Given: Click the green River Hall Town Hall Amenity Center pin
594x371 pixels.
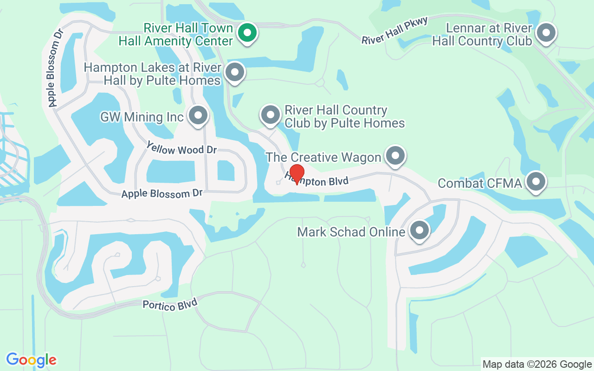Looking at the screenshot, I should pos(247,33).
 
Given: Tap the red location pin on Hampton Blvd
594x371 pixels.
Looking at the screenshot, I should pos(297,174).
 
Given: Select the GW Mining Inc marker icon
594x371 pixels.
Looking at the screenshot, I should pos(199,115).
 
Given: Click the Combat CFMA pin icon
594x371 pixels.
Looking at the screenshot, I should pos(536,181).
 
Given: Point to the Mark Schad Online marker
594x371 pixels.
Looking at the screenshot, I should pos(420,230).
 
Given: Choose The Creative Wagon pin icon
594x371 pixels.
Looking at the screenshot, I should pos(395,155).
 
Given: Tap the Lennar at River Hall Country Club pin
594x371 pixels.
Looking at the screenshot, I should pos(546,33).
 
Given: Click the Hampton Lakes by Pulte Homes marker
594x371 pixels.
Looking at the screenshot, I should pos(234,72).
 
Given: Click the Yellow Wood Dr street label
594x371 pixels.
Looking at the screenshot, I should pos(181,148).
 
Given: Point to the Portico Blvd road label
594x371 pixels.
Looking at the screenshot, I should pos(170,304).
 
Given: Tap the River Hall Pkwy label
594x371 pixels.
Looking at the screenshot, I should pos(394,31).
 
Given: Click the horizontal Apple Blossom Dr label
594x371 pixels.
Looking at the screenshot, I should pos(162,194).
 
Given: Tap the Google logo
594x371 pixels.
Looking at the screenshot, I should pos(32,360).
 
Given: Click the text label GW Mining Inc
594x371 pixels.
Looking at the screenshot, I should pos(142,117).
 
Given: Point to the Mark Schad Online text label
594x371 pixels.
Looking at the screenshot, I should pos(351,231).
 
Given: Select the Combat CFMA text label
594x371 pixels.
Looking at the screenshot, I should pos(480,183).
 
